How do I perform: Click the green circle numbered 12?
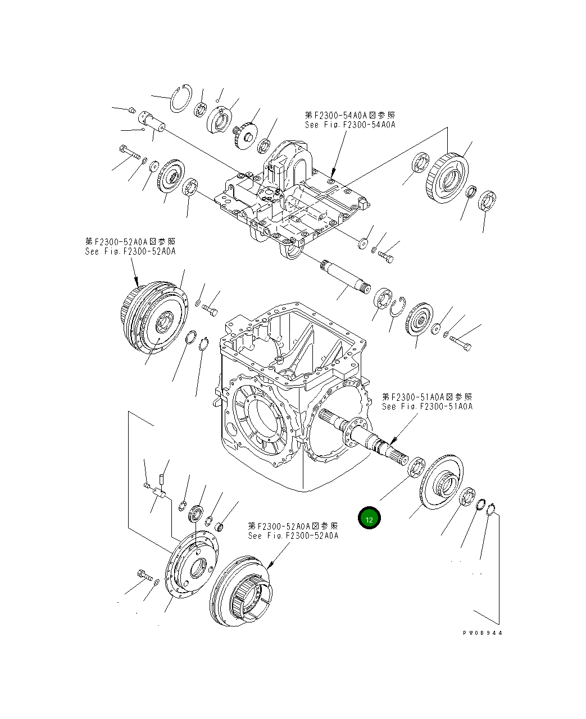click(369, 518)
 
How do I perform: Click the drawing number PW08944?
click(483, 633)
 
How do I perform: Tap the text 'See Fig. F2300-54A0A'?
click(349, 125)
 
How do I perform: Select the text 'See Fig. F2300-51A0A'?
click(427, 406)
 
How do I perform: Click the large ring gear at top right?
click(449, 175)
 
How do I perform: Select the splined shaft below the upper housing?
click(344, 277)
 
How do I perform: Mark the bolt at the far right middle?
click(460, 343)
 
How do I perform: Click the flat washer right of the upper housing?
click(363, 243)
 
